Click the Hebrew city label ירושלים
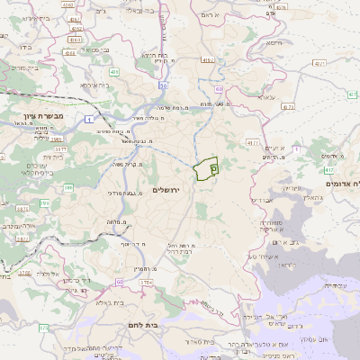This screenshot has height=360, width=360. tap(166, 190)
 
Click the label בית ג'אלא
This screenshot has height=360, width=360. tap(127, 302)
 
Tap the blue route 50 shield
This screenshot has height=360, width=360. tap(163, 85)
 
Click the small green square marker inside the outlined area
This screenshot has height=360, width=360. tap(213, 167)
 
